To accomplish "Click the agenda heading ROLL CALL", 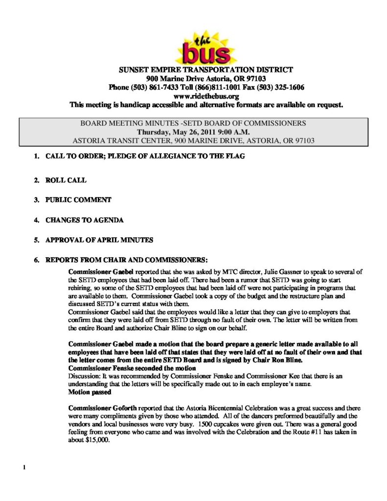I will click(66, 180).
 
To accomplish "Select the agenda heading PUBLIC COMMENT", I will click(78, 200).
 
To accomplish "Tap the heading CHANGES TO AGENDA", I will click(84, 220).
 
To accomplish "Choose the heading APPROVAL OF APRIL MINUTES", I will click(99, 240).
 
